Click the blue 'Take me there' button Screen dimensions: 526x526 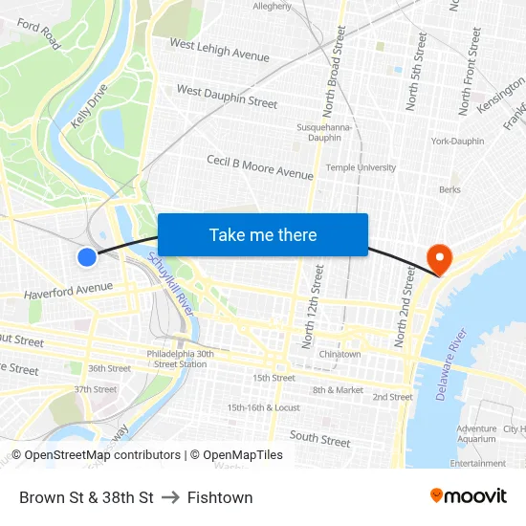[x=263, y=235]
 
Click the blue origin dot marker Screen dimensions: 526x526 [x=87, y=256]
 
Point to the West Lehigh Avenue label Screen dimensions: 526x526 [x=219, y=50]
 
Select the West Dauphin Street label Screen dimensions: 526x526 [x=227, y=97]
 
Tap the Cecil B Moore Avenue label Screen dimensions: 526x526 [x=260, y=167]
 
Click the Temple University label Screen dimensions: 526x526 [x=361, y=167]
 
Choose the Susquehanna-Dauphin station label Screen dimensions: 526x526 [x=325, y=132]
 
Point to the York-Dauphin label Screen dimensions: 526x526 [x=457, y=142]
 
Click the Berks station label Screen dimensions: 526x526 [x=449, y=189]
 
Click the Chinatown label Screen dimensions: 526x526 [x=340, y=354]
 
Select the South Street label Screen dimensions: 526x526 [x=319, y=439]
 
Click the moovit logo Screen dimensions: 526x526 [x=468, y=495]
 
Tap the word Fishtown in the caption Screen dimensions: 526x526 [x=220, y=497]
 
